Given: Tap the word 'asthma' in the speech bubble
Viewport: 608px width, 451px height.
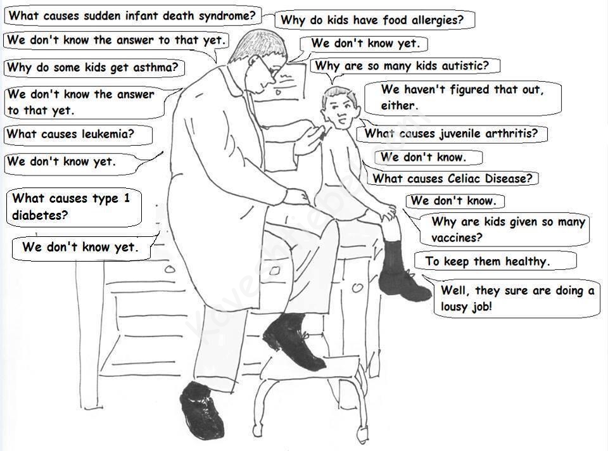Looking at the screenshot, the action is [156, 67].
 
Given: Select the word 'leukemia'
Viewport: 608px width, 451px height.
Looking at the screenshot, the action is [108, 134].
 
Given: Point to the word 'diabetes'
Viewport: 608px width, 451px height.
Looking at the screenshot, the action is [40, 215].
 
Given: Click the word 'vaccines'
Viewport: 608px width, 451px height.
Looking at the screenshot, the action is [457, 238].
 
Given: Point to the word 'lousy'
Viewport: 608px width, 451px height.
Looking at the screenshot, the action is [454, 307].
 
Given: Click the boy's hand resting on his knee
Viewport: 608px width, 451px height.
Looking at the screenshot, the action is [388, 212].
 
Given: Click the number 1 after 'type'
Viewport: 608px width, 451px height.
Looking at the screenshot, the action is [127, 198].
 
